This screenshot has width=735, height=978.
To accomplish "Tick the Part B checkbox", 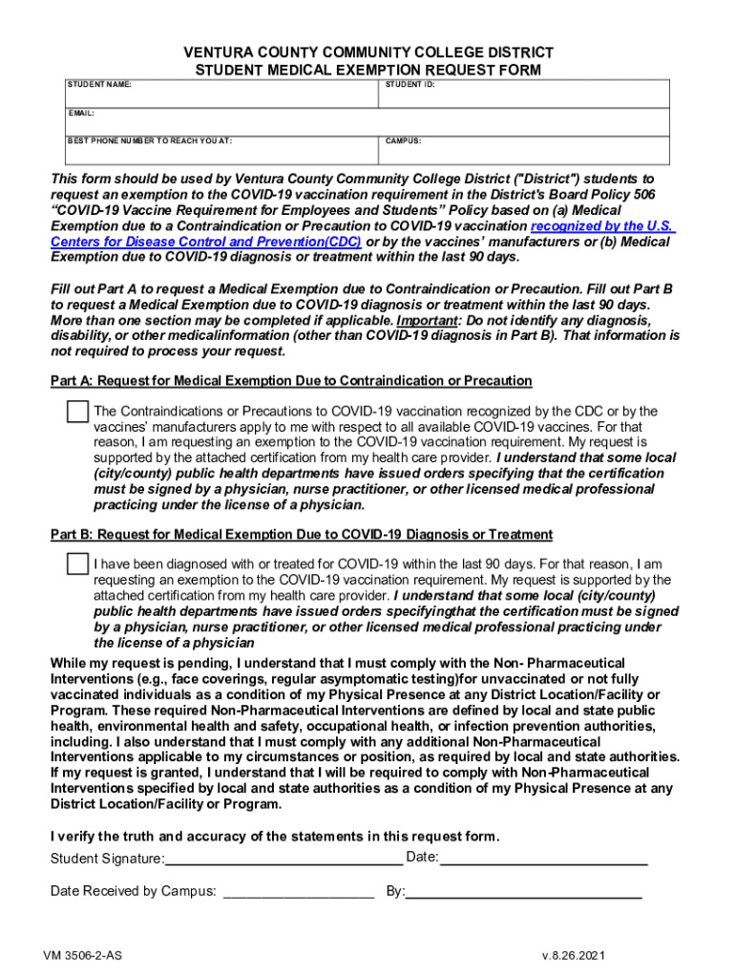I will tap(77, 564).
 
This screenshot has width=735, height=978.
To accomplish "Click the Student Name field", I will tap(220, 98).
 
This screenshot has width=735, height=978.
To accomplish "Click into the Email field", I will tap(367, 125).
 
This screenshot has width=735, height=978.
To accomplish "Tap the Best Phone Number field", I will tap(220, 153).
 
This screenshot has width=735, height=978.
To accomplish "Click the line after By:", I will tap(524, 892).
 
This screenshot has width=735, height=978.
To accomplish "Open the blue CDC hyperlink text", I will tap(206, 242).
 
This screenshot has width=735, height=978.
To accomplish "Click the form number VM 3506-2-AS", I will tap(88, 955).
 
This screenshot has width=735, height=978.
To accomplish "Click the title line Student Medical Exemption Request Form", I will tap(368, 71).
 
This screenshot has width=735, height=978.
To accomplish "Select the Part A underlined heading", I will tap(291, 381).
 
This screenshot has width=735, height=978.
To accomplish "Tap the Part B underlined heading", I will tap(301, 534).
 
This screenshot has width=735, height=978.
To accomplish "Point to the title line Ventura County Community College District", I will tap(368, 53).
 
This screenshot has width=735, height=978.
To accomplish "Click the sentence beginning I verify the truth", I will tap(274, 837).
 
